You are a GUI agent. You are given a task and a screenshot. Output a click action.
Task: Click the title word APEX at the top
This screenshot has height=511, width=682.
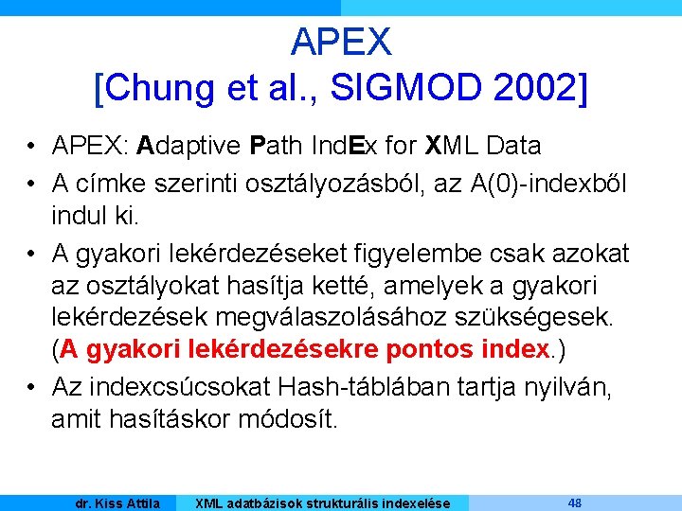click(341, 41)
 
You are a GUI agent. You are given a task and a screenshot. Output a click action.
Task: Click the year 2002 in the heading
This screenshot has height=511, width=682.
click(534, 88)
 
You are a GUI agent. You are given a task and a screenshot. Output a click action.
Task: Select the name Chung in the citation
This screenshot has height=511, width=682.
click(161, 88)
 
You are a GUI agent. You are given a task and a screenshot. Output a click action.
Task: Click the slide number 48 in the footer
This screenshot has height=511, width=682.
click(575, 502)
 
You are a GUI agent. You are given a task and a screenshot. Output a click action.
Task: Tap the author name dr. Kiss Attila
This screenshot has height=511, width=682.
click(117, 503)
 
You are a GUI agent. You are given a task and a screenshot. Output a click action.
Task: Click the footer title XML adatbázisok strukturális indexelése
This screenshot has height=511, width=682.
click(322, 503)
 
